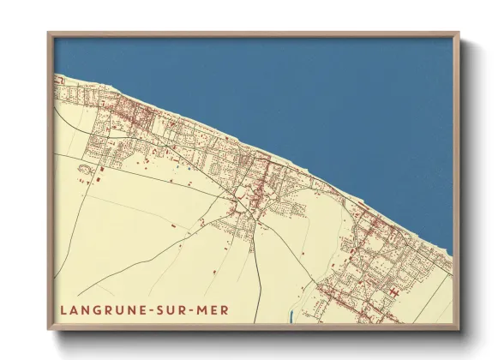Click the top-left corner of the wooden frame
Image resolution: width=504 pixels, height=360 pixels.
[x=49, y=34]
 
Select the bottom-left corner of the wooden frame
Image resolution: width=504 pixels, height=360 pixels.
[x=49, y=329]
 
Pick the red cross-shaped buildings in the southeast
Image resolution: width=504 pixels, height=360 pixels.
[x=393, y=292]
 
